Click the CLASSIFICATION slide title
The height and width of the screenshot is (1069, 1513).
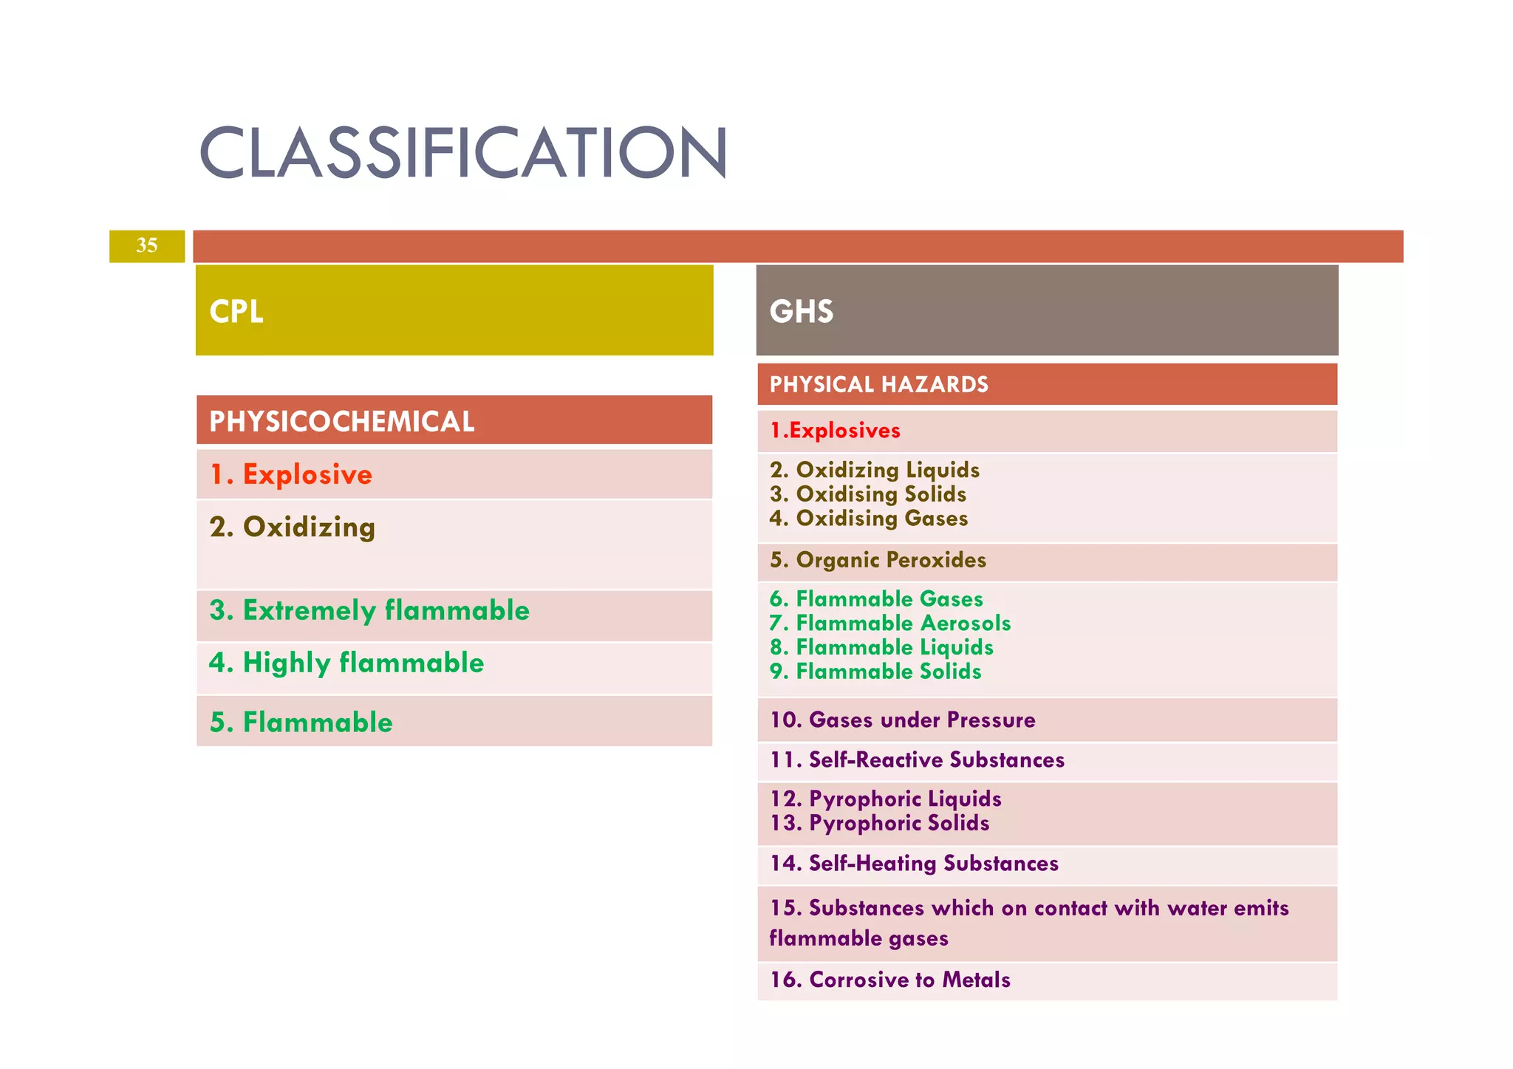(x=463, y=152)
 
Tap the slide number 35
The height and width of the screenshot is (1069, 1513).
(x=146, y=245)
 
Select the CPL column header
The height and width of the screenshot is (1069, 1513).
(x=236, y=311)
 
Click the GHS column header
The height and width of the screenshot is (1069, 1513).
(x=802, y=311)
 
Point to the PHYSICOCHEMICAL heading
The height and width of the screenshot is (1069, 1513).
(x=341, y=421)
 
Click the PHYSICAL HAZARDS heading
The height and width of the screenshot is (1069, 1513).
(x=878, y=384)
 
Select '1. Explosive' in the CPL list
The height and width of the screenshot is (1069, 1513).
(x=291, y=474)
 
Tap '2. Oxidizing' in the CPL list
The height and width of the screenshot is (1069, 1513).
(x=293, y=527)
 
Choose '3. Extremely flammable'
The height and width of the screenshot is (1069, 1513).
(x=369, y=610)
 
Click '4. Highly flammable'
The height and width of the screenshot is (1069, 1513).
(x=346, y=663)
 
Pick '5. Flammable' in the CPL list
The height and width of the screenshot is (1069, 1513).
(x=301, y=722)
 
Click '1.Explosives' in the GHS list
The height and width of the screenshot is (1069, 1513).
(x=835, y=431)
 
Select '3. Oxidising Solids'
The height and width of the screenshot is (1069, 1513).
(x=868, y=494)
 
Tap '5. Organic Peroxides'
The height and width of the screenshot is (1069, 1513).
(x=878, y=560)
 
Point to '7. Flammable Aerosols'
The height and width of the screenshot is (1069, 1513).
(x=890, y=624)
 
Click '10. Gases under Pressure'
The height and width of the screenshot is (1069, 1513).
(x=902, y=720)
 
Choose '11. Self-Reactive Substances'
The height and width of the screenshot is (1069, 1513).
(x=917, y=759)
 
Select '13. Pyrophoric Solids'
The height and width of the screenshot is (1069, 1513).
(x=879, y=823)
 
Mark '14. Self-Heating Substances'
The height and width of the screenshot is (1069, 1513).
(x=914, y=863)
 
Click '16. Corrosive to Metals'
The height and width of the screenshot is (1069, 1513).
(x=889, y=980)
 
